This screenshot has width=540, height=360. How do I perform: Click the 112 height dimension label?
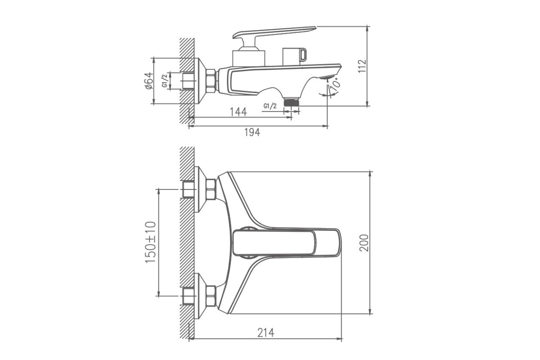pyautogui.click(x=362, y=66)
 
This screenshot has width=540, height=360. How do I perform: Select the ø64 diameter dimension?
pyautogui.click(x=149, y=81)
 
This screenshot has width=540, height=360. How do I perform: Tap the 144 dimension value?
pyautogui.click(x=238, y=112)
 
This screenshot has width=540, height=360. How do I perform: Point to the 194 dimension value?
pyautogui.click(x=252, y=132)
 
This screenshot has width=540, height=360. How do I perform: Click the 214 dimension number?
pyautogui.click(x=265, y=333)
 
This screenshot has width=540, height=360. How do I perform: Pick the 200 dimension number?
pyautogui.click(x=364, y=243)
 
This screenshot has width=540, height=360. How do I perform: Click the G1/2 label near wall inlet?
pyautogui.click(x=165, y=81)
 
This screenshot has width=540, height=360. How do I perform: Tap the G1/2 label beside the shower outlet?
pyautogui.click(x=270, y=106)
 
